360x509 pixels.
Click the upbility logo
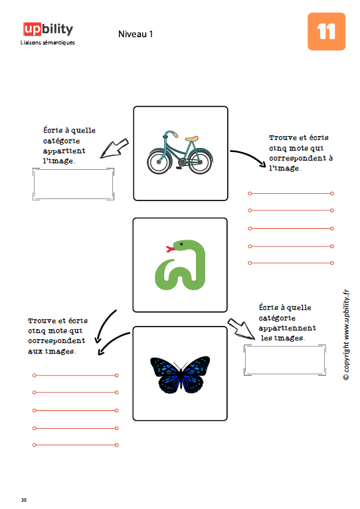48,29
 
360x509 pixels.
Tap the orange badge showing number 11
326,31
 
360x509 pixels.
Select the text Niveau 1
135,34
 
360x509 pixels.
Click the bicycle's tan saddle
192,139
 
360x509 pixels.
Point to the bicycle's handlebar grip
175,135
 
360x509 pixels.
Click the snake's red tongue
170,249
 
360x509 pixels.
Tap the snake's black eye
181,244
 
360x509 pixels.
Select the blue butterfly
180,374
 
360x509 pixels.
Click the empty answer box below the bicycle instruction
74,184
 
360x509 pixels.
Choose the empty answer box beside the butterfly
285,360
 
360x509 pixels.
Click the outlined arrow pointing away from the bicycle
114,149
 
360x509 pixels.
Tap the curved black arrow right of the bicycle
248,156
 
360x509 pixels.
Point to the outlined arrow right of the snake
240,328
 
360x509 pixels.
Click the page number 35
24,500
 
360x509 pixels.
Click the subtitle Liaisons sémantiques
47,42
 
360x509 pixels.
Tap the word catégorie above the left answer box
61,141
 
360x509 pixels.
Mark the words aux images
52,351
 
